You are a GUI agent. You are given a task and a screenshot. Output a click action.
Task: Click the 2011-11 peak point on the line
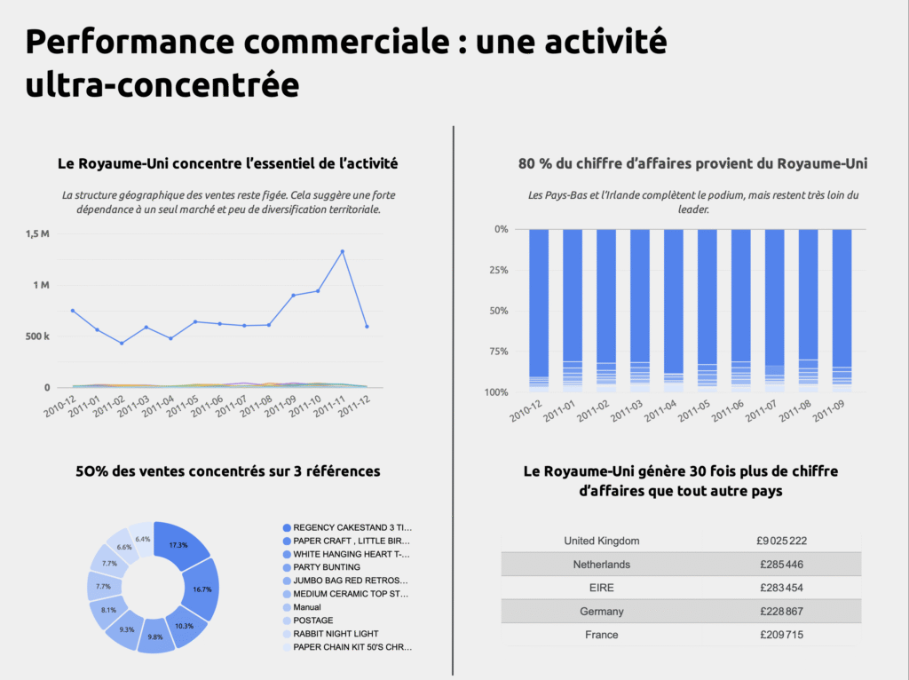pyautogui.click(x=343, y=251)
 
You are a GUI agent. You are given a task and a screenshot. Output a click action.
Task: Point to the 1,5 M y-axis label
pyautogui.click(x=37, y=233)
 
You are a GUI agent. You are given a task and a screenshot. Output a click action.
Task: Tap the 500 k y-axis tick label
pyautogui.click(x=36, y=336)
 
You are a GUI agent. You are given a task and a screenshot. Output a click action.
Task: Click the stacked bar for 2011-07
pyautogui.click(x=774, y=311)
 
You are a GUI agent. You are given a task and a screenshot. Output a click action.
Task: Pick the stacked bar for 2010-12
pyautogui.click(x=539, y=311)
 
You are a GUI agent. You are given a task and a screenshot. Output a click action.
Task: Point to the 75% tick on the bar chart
pyautogui.click(x=496, y=352)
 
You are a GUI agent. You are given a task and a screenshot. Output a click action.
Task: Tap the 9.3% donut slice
pyautogui.click(x=125, y=629)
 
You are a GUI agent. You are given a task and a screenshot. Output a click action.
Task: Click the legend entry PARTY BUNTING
pyautogui.click(x=326, y=567)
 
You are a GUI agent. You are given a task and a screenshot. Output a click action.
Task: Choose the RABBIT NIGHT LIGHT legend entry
pyautogui.click(x=336, y=634)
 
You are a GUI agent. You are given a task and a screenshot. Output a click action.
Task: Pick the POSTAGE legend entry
pyautogui.click(x=312, y=621)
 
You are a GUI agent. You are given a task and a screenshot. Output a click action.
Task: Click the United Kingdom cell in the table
pyautogui.click(x=601, y=541)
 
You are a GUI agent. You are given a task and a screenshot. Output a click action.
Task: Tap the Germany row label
pyautogui.click(x=601, y=611)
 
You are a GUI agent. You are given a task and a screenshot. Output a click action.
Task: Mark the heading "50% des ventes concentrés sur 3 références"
pyautogui.click(x=228, y=471)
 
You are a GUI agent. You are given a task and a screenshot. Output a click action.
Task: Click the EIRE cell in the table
pyautogui.click(x=601, y=588)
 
